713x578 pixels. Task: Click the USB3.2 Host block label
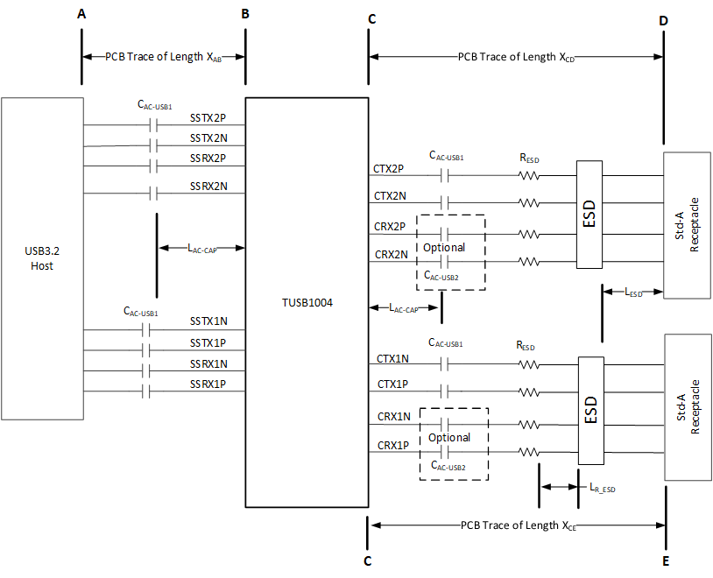click(41, 258)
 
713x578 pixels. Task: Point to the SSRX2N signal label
click(208, 186)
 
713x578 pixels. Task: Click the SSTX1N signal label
click(208, 321)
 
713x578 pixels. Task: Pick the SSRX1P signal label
click(208, 384)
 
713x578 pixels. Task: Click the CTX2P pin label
click(388, 167)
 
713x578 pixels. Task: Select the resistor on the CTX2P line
click(528, 176)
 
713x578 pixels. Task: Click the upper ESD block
click(589, 215)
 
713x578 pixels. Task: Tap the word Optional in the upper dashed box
click(445, 247)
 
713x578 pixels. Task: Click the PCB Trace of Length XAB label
click(163, 58)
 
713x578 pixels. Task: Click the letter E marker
click(665, 560)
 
